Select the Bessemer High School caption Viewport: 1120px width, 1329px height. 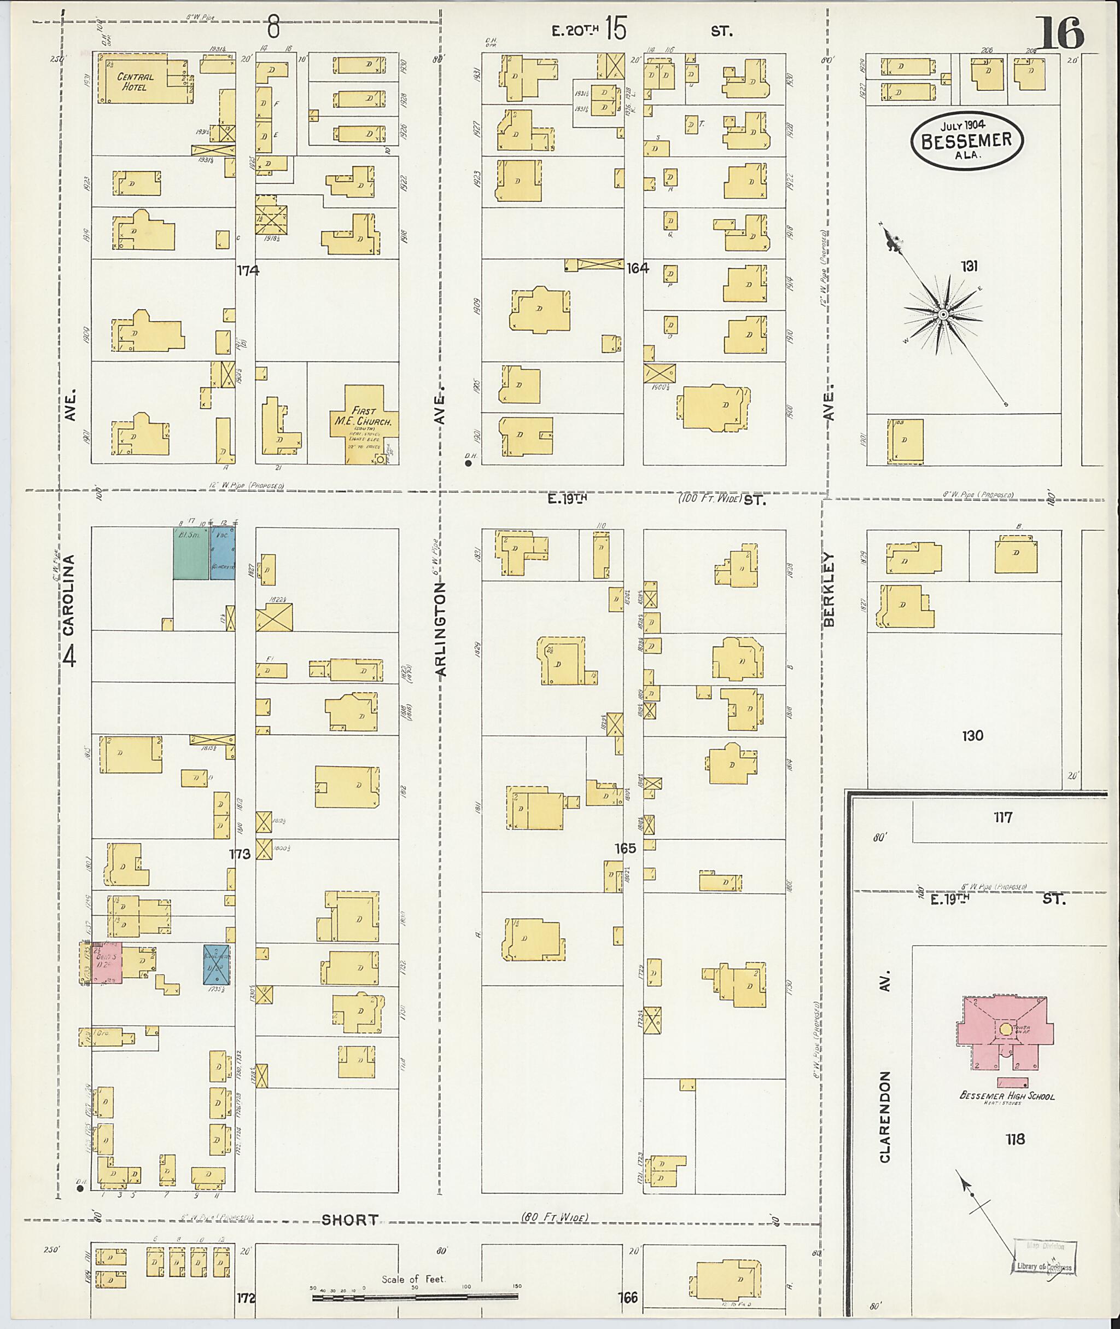click(x=1007, y=1096)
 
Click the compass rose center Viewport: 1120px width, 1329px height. click(x=943, y=315)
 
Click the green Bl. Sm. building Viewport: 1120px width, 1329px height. click(x=190, y=553)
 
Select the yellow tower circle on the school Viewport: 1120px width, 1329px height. click(x=1005, y=1029)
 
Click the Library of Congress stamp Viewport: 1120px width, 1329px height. click(x=1044, y=1258)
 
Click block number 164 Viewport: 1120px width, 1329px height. click(x=638, y=269)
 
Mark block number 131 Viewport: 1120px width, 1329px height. click(x=969, y=266)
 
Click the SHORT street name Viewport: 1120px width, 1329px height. click(x=349, y=1220)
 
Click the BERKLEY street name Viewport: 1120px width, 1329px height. click(x=829, y=589)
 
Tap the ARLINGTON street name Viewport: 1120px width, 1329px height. click(x=442, y=629)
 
